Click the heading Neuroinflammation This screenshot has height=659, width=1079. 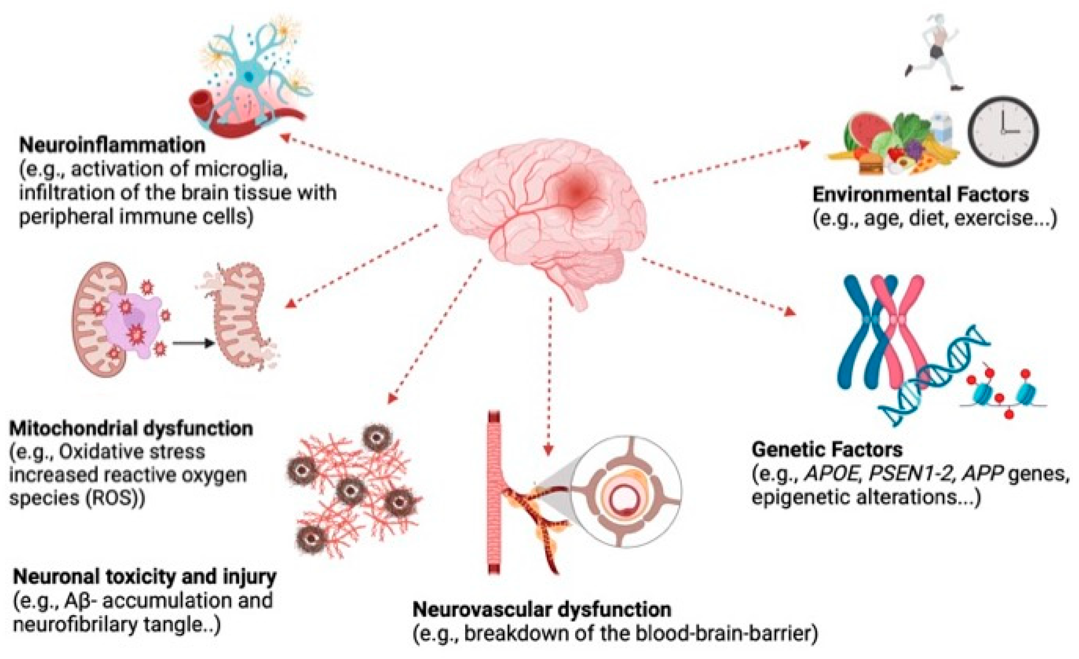112,145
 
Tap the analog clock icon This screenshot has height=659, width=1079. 1003,131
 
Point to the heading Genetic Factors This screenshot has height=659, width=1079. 827,450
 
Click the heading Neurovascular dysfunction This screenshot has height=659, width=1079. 542,609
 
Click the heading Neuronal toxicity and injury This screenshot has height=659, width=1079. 144,577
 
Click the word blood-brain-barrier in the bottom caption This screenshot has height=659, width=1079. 723,634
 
